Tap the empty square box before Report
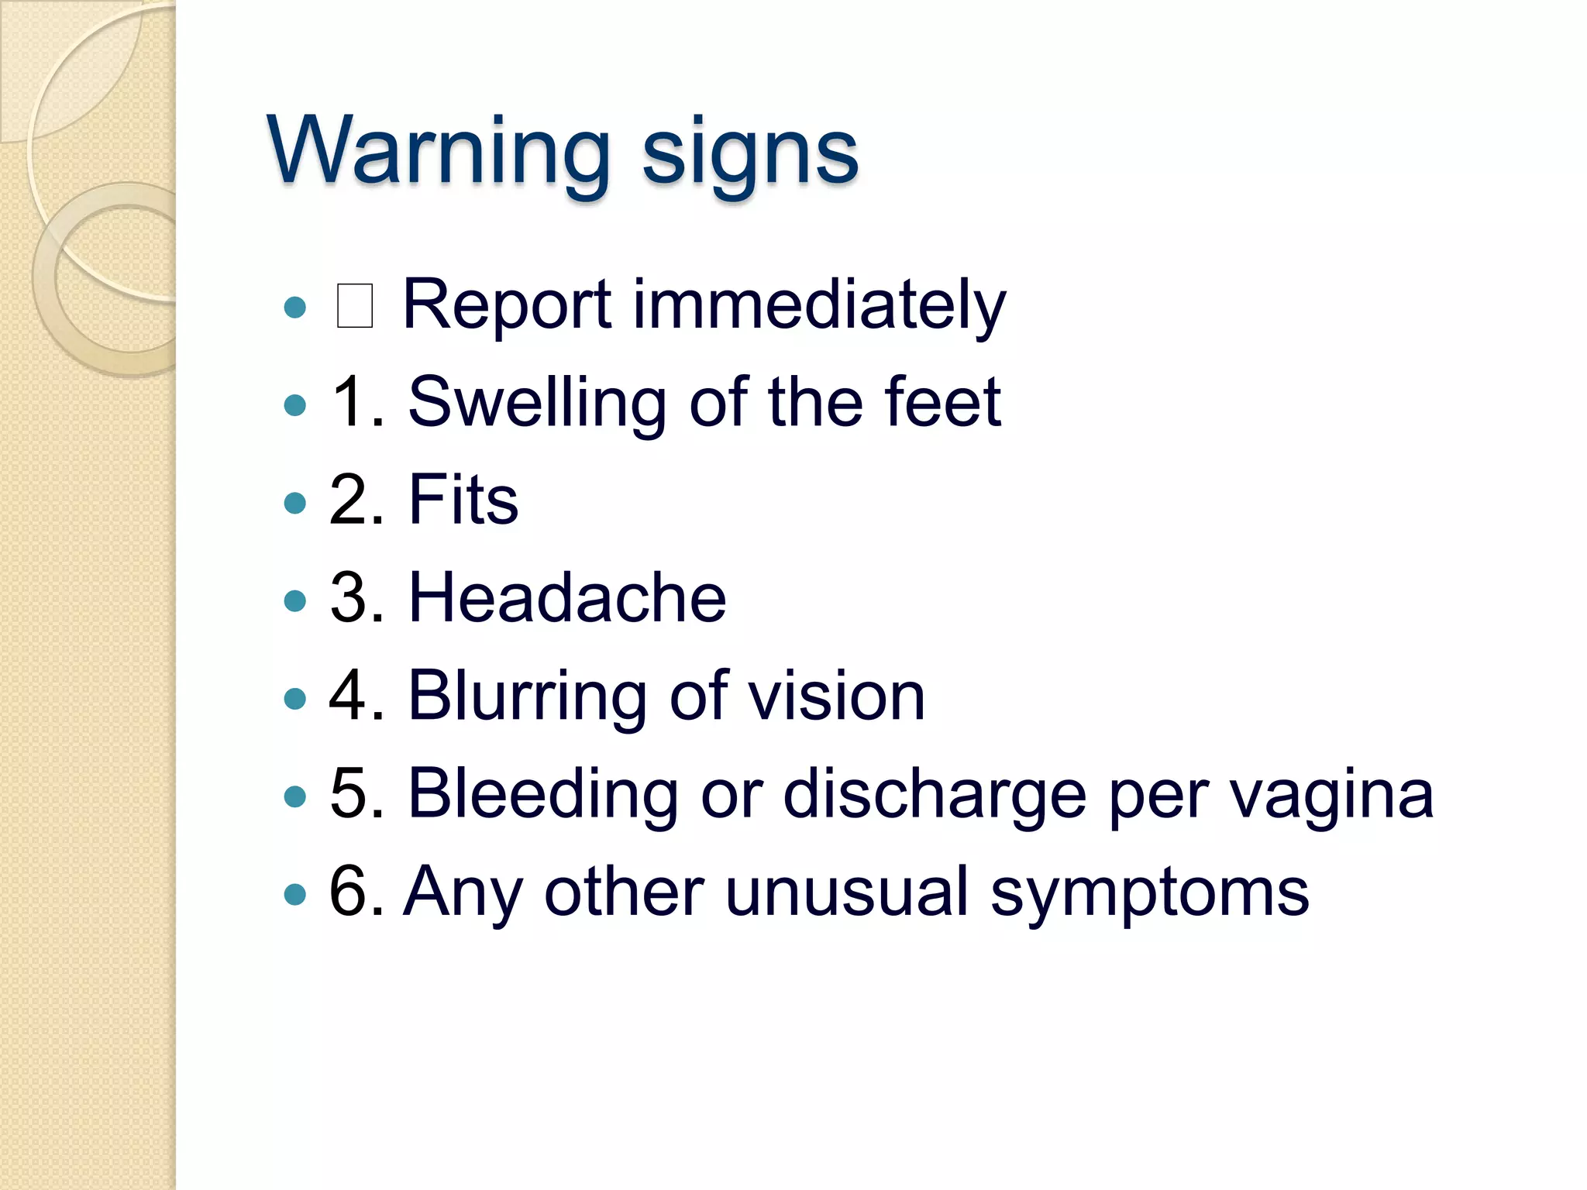click(355, 306)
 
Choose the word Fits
click(463, 500)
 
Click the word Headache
click(566, 597)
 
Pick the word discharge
click(935, 795)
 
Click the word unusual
click(847, 892)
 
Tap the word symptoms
click(1150, 895)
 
